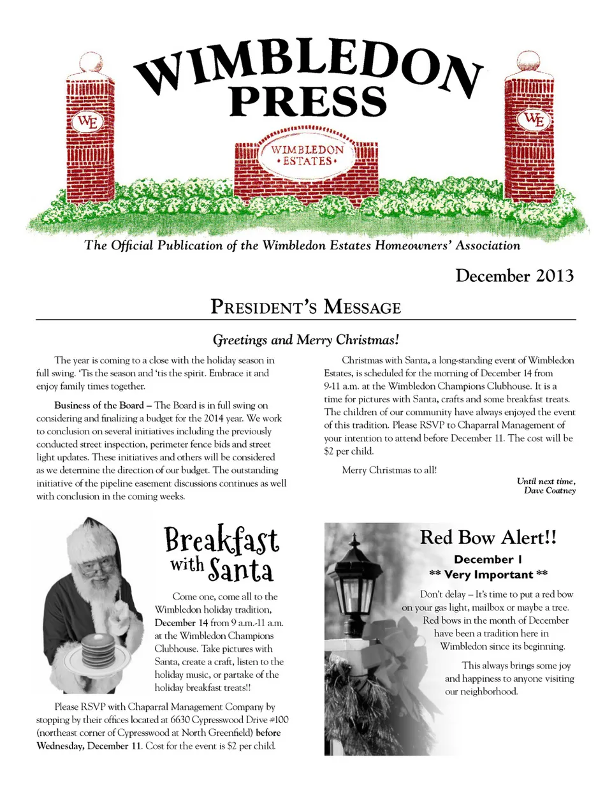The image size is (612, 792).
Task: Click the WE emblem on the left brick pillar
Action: click(x=87, y=121)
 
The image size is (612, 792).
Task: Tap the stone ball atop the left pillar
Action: click(x=90, y=62)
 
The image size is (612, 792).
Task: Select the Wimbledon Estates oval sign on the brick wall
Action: click(x=307, y=155)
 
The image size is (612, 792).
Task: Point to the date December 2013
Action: click(x=514, y=275)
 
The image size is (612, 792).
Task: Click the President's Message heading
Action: click(x=306, y=307)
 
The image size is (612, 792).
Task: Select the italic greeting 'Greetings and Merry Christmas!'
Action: click(x=306, y=340)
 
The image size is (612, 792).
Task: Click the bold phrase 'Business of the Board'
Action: click(x=99, y=406)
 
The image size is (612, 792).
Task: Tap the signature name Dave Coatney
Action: click(x=550, y=490)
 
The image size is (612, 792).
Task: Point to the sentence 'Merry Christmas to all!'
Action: click(x=390, y=470)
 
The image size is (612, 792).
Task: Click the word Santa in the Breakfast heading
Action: click(x=241, y=569)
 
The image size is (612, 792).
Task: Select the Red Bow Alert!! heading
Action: click(x=488, y=538)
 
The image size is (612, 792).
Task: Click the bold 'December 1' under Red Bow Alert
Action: click(x=488, y=559)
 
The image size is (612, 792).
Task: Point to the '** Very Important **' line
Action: click(x=488, y=575)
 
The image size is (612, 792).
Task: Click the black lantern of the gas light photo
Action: click(x=358, y=577)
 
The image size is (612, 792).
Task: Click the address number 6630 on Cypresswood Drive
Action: click(x=180, y=720)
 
